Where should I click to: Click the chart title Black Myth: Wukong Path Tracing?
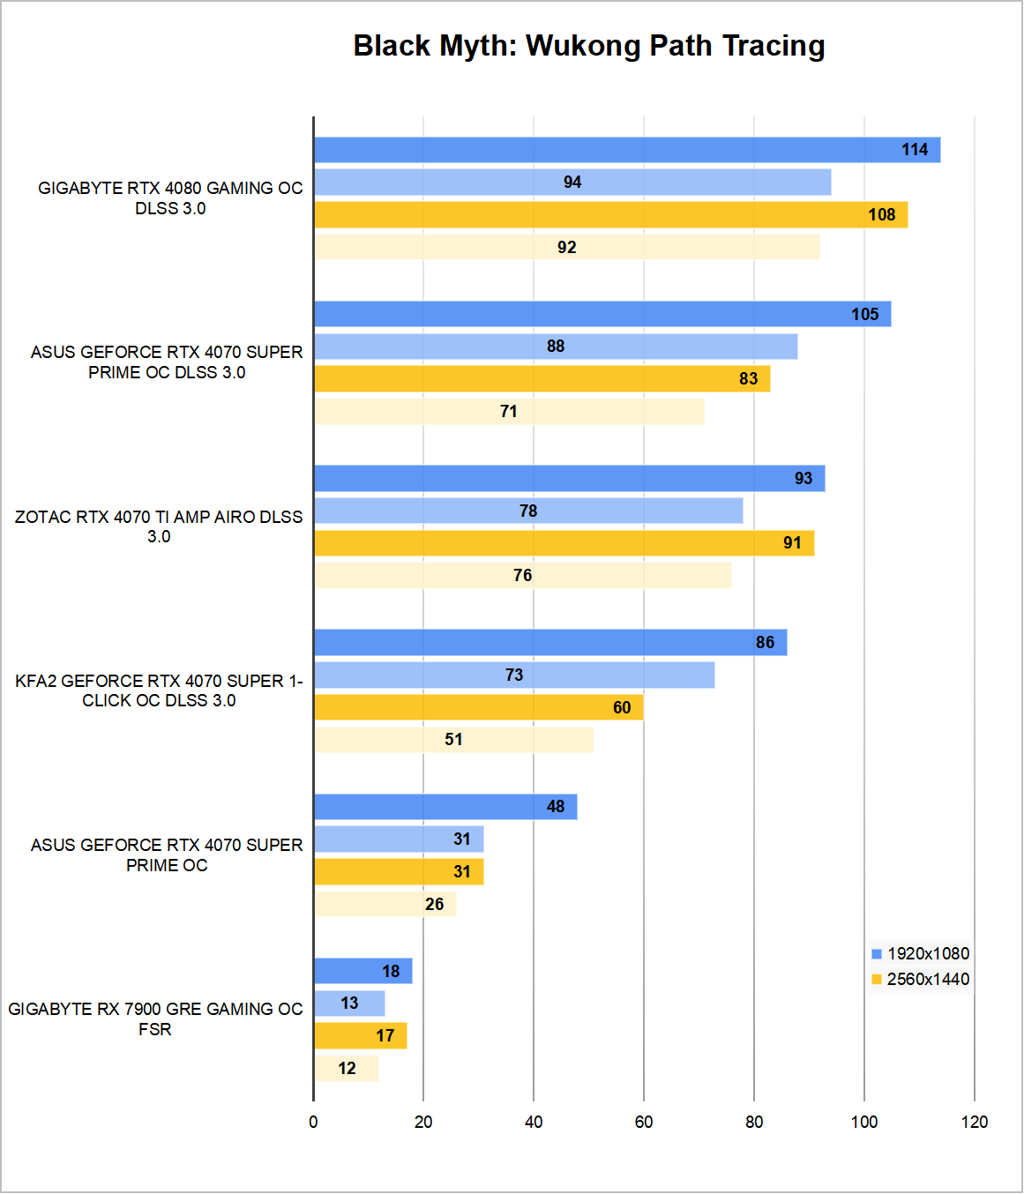pyautogui.click(x=589, y=46)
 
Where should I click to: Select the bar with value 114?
pyautogui.click(x=626, y=150)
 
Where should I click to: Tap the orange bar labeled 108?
pyautogui.click(x=610, y=215)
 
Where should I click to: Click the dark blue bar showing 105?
pyautogui.click(x=602, y=314)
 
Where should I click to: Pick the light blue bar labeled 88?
pyautogui.click(x=556, y=347)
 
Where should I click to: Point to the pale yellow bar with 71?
pyautogui.click(x=509, y=412)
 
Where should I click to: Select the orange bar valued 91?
pyautogui.click(x=564, y=543)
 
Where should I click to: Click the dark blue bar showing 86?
pyautogui.click(x=549, y=643)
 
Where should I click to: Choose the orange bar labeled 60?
pyautogui.click(x=478, y=707)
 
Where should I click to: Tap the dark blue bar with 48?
pyautogui.click(x=445, y=807)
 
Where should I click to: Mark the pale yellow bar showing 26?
pyautogui.click(x=385, y=904)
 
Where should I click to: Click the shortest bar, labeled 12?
pyautogui.click(x=347, y=1069)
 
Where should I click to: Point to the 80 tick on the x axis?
pyautogui.click(x=754, y=1122)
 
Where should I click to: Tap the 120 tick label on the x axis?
pyautogui.click(x=975, y=1122)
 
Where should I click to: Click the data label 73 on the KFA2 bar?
pyautogui.click(x=514, y=675)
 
